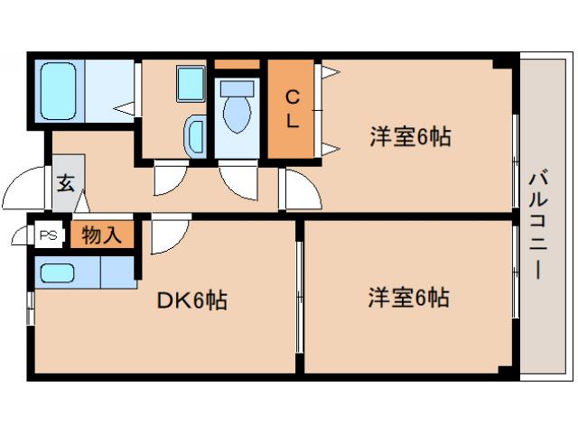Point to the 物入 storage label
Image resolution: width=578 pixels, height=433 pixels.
pyautogui.click(x=101, y=235)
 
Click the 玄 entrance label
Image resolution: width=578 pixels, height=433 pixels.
pyautogui.click(x=67, y=183)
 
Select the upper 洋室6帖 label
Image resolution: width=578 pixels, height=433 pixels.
pyautogui.click(x=410, y=138)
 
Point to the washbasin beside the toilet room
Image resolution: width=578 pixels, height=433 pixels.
pyautogui.click(x=194, y=136)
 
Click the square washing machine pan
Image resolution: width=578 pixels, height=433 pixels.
pyautogui.click(x=191, y=84)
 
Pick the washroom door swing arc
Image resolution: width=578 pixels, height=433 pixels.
pyautogui.click(x=169, y=179)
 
